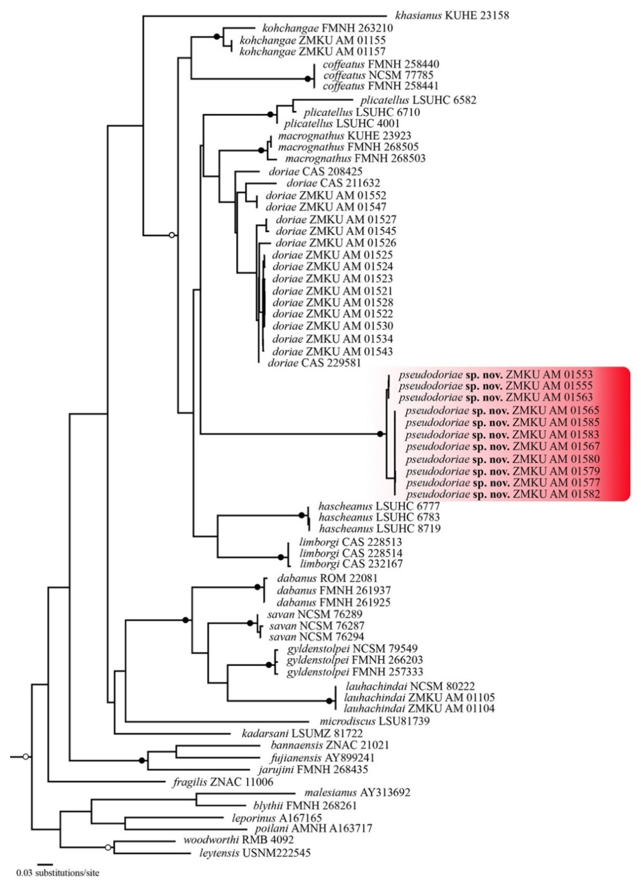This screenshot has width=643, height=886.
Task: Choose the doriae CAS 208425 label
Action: [x=316, y=171]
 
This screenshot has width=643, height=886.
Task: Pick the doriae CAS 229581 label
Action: [x=314, y=363]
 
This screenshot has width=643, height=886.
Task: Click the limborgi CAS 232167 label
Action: [x=351, y=564]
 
